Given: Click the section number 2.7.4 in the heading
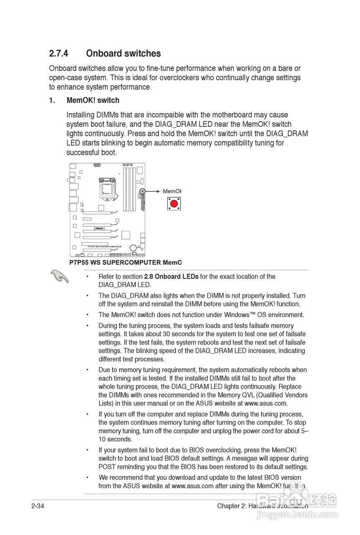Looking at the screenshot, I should (59, 53).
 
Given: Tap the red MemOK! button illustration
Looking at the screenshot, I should (174, 204).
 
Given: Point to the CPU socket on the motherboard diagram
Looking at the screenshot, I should (107, 188).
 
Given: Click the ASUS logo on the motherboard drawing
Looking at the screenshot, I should (99, 228).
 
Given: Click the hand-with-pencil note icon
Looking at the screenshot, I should (59, 276).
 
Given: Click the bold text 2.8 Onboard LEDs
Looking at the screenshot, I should (171, 276).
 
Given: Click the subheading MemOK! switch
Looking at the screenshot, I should (92, 100).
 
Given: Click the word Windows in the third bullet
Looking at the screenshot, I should (234, 315).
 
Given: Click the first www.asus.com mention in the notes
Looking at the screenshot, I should (266, 403).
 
